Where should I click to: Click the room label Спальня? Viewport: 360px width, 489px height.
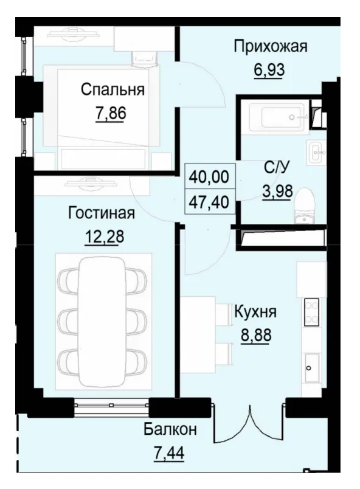coord(112,91)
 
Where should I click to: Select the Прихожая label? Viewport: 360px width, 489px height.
coord(271,46)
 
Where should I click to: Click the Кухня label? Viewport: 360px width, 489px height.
coord(255,313)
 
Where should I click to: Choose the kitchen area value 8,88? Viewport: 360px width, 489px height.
coord(255,336)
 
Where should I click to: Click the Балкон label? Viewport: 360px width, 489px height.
coord(170,429)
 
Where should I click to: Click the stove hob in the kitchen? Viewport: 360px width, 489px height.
coord(312,311)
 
